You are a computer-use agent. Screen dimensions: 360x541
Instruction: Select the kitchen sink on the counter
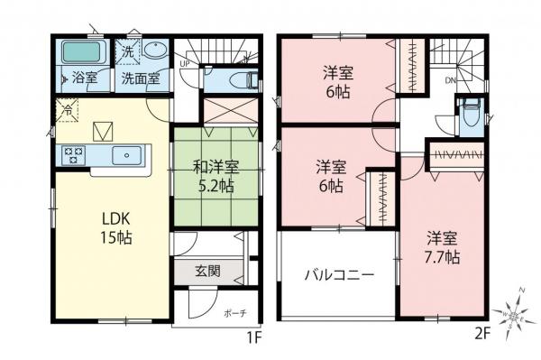coord(127,156)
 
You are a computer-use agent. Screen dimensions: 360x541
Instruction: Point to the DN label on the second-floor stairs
coord(449,80)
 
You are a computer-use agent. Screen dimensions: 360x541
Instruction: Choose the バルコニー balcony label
coord(338,274)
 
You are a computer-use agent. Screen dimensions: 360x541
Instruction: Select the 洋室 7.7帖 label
coord(443,248)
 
